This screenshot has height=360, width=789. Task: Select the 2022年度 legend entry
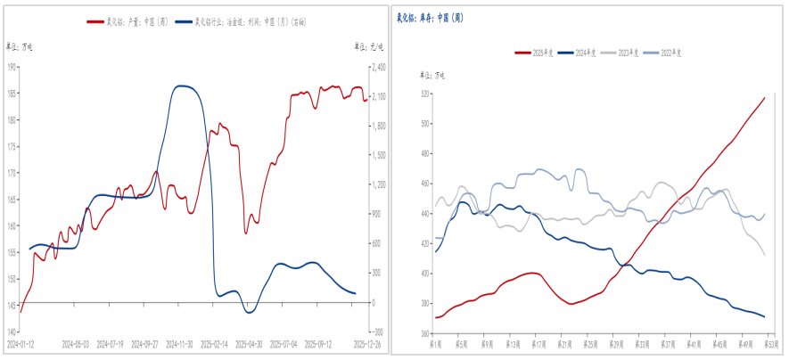coord(667,53)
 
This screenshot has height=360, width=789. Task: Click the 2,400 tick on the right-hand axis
coord(377,67)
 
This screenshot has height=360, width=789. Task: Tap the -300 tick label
coord(377,303)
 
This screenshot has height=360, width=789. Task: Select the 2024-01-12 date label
coord(20,342)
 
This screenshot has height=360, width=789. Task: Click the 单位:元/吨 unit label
coord(368,45)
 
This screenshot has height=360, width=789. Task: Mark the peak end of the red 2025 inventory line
coord(765,98)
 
